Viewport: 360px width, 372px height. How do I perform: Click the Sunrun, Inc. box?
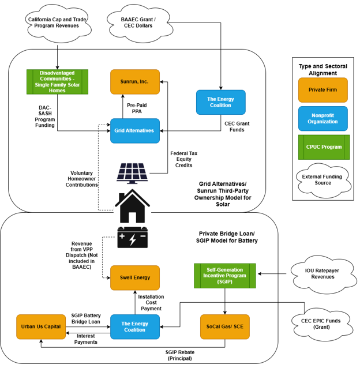click(x=135, y=82)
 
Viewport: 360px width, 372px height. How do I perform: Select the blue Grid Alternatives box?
click(x=135, y=131)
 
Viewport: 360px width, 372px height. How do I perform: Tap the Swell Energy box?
click(x=135, y=277)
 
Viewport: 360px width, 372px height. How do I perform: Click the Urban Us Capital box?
click(x=41, y=326)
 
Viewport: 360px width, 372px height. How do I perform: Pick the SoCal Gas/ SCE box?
click(x=225, y=326)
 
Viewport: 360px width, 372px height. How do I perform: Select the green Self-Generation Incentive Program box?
click(x=225, y=276)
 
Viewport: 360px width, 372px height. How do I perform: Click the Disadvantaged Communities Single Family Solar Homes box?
click(x=57, y=82)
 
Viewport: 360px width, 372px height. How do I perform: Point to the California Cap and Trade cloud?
click(x=58, y=23)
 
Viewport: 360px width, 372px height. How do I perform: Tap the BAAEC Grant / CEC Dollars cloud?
click(x=139, y=23)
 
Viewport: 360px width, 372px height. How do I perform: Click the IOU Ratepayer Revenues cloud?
click(x=324, y=275)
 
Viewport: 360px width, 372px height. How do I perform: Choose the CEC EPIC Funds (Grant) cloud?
click(x=322, y=324)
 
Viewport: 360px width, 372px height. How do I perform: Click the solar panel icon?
click(x=132, y=174)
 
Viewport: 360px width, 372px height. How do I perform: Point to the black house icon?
click(x=132, y=206)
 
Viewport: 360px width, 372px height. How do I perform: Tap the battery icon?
click(x=133, y=237)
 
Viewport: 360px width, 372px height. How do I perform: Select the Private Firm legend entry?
click(x=322, y=90)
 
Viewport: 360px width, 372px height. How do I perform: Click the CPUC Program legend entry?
click(x=324, y=147)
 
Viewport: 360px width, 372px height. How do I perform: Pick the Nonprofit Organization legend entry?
click(x=322, y=119)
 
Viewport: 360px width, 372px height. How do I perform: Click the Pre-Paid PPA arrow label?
click(x=137, y=108)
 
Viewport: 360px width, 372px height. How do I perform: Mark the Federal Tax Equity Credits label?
click(x=183, y=159)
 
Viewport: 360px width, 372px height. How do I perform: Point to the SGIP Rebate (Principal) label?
click(x=180, y=355)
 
